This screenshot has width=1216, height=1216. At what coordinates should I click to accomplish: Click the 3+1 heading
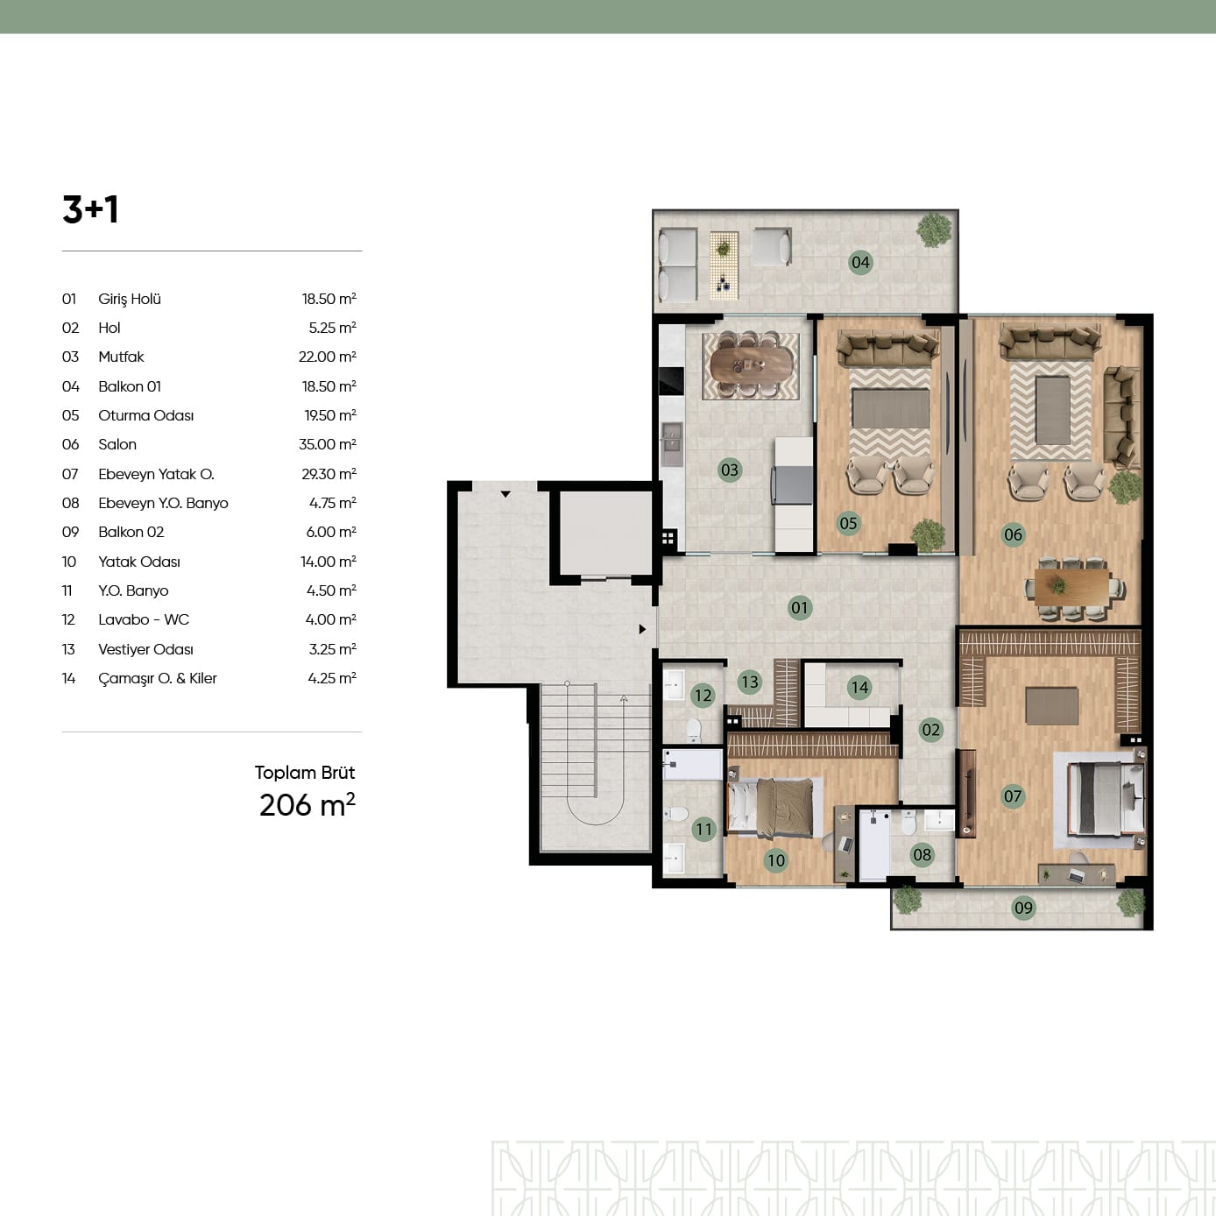click(x=90, y=209)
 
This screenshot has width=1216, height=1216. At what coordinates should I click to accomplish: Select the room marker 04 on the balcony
click(x=860, y=263)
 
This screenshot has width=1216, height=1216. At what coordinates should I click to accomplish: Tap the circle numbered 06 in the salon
click(x=1013, y=534)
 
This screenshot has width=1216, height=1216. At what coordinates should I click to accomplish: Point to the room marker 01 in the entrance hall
click(x=800, y=608)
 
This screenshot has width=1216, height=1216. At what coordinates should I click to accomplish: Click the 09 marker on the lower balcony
click(x=1023, y=908)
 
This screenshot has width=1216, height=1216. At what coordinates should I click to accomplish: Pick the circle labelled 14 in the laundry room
click(x=859, y=687)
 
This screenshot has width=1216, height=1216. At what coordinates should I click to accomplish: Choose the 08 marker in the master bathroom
click(x=922, y=855)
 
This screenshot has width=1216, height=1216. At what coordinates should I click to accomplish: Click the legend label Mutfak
click(x=121, y=357)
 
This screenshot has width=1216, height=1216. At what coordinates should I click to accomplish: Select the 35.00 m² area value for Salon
click(x=328, y=444)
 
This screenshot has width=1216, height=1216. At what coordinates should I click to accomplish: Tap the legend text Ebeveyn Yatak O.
click(x=157, y=474)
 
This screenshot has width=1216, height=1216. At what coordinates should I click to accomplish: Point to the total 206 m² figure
click(x=308, y=805)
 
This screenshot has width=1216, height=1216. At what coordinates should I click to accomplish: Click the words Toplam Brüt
click(x=305, y=773)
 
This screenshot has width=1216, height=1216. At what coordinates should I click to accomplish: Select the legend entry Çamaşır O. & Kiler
click(x=158, y=678)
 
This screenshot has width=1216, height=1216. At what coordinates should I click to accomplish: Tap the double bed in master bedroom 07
click(x=1106, y=799)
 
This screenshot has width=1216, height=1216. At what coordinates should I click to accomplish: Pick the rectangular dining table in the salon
click(x=1072, y=588)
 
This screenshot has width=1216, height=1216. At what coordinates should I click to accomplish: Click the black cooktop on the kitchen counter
click(x=671, y=381)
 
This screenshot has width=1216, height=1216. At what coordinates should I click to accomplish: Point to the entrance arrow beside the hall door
click(x=642, y=629)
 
